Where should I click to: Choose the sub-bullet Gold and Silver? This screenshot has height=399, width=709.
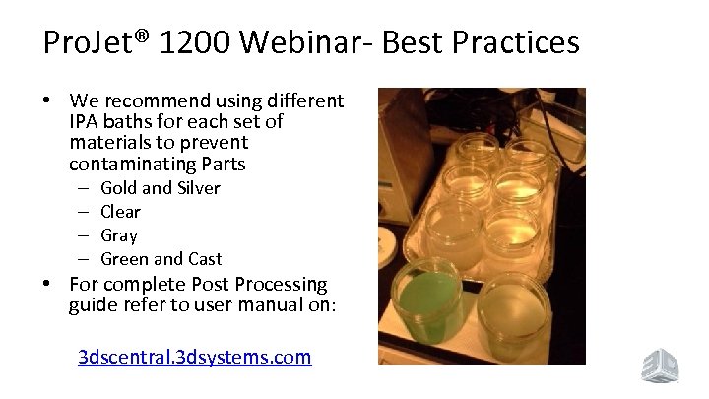click(161, 187)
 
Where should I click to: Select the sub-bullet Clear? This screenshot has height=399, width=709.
click(121, 211)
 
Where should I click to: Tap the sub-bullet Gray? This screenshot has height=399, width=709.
click(119, 234)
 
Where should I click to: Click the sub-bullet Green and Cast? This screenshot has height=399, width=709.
click(161, 258)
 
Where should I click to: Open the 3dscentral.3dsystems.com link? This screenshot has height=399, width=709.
click(195, 357)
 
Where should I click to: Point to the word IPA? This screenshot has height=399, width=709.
click(85, 123)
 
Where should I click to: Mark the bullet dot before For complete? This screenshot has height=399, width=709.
click(49, 284)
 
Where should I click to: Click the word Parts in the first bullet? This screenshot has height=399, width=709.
click(222, 163)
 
